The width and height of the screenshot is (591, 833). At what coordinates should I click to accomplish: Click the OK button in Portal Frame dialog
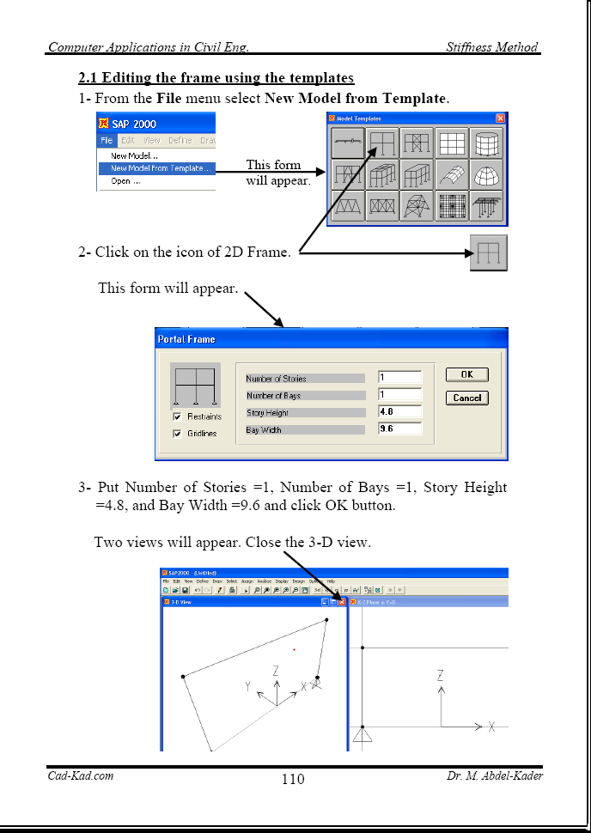click(466, 374)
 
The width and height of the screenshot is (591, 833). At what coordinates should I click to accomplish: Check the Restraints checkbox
click(177, 416)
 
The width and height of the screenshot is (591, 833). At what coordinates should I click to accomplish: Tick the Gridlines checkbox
click(177, 434)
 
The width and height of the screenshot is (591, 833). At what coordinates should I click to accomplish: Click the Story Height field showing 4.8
click(399, 412)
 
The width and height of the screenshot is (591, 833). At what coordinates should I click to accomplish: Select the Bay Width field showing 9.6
click(399, 429)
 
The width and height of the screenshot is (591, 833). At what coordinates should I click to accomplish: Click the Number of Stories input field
click(399, 378)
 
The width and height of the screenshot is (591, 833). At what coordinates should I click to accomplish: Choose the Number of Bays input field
click(399, 395)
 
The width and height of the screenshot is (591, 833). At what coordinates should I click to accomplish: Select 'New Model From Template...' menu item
click(160, 168)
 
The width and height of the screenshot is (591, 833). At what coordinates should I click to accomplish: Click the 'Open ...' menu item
click(125, 180)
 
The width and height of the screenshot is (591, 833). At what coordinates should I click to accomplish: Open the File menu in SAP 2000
click(106, 140)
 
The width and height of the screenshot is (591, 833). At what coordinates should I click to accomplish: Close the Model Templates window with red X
click(500, 119)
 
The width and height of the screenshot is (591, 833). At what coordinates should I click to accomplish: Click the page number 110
click(293, 780)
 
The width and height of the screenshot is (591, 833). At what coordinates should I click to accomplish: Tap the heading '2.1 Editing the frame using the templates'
click(216, 78)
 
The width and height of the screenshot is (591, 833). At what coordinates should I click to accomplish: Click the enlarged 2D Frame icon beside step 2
click(488, 253)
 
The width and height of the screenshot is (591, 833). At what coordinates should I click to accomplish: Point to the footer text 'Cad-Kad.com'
click(80, 776)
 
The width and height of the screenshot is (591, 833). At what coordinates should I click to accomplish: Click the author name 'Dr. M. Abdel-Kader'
click(494, 776)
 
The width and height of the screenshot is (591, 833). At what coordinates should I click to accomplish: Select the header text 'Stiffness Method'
click(491, 47)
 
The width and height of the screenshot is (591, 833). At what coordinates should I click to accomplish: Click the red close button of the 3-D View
click(342, 603)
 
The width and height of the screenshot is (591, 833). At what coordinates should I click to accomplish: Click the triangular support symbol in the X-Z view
click(363, 734)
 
